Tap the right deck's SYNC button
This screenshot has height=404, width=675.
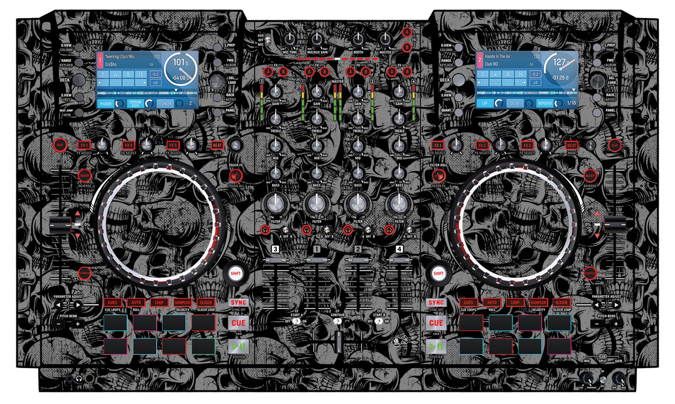(x=436, y=303)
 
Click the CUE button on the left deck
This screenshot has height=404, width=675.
(x=238, y=323)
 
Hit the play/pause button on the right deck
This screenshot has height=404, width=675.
(x=436, y=346)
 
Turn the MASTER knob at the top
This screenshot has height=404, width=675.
(x=385, y=39)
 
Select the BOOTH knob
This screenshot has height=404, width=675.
(x=359, y=39)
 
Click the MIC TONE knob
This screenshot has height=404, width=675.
(x=290, y=39)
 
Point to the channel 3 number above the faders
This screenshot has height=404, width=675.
(x=275, y=248)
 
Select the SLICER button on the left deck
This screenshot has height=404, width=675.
(x=205, y=303)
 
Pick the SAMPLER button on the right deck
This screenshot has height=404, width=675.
(x=538, y=303)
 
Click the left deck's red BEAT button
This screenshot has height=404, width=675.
(x=217, y=145)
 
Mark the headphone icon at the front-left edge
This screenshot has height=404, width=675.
(x=79, y=379)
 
